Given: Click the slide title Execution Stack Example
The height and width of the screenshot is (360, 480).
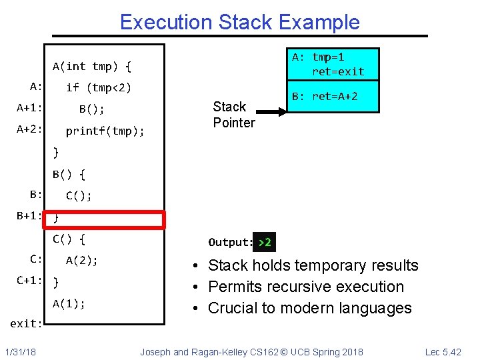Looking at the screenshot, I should (x=239, y=22).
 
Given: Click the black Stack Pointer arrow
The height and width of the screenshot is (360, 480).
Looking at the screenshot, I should (x=273, y=113).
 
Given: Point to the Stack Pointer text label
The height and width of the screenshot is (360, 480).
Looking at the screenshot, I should (x=233, y=115).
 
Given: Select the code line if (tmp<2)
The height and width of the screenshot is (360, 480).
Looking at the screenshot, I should (x=99, y=87).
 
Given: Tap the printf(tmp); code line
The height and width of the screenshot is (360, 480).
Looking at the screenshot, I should (x=105, y=131).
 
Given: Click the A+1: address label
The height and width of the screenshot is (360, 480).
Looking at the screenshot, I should (x=30, y=108).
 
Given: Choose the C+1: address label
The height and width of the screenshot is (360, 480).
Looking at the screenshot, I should (x=30, y=280).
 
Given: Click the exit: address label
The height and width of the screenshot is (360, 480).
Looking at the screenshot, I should (x=26, y=324).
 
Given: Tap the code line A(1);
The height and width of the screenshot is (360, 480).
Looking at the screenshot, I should (x=69, y=304).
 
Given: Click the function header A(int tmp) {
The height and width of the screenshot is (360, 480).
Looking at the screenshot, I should (x=92, y=66).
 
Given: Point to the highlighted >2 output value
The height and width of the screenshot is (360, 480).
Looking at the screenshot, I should (x=265, y=243).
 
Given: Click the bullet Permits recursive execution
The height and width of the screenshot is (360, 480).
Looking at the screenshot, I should (x=306, y=287).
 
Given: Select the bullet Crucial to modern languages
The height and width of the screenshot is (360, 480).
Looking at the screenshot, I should (x=310, y=308).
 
